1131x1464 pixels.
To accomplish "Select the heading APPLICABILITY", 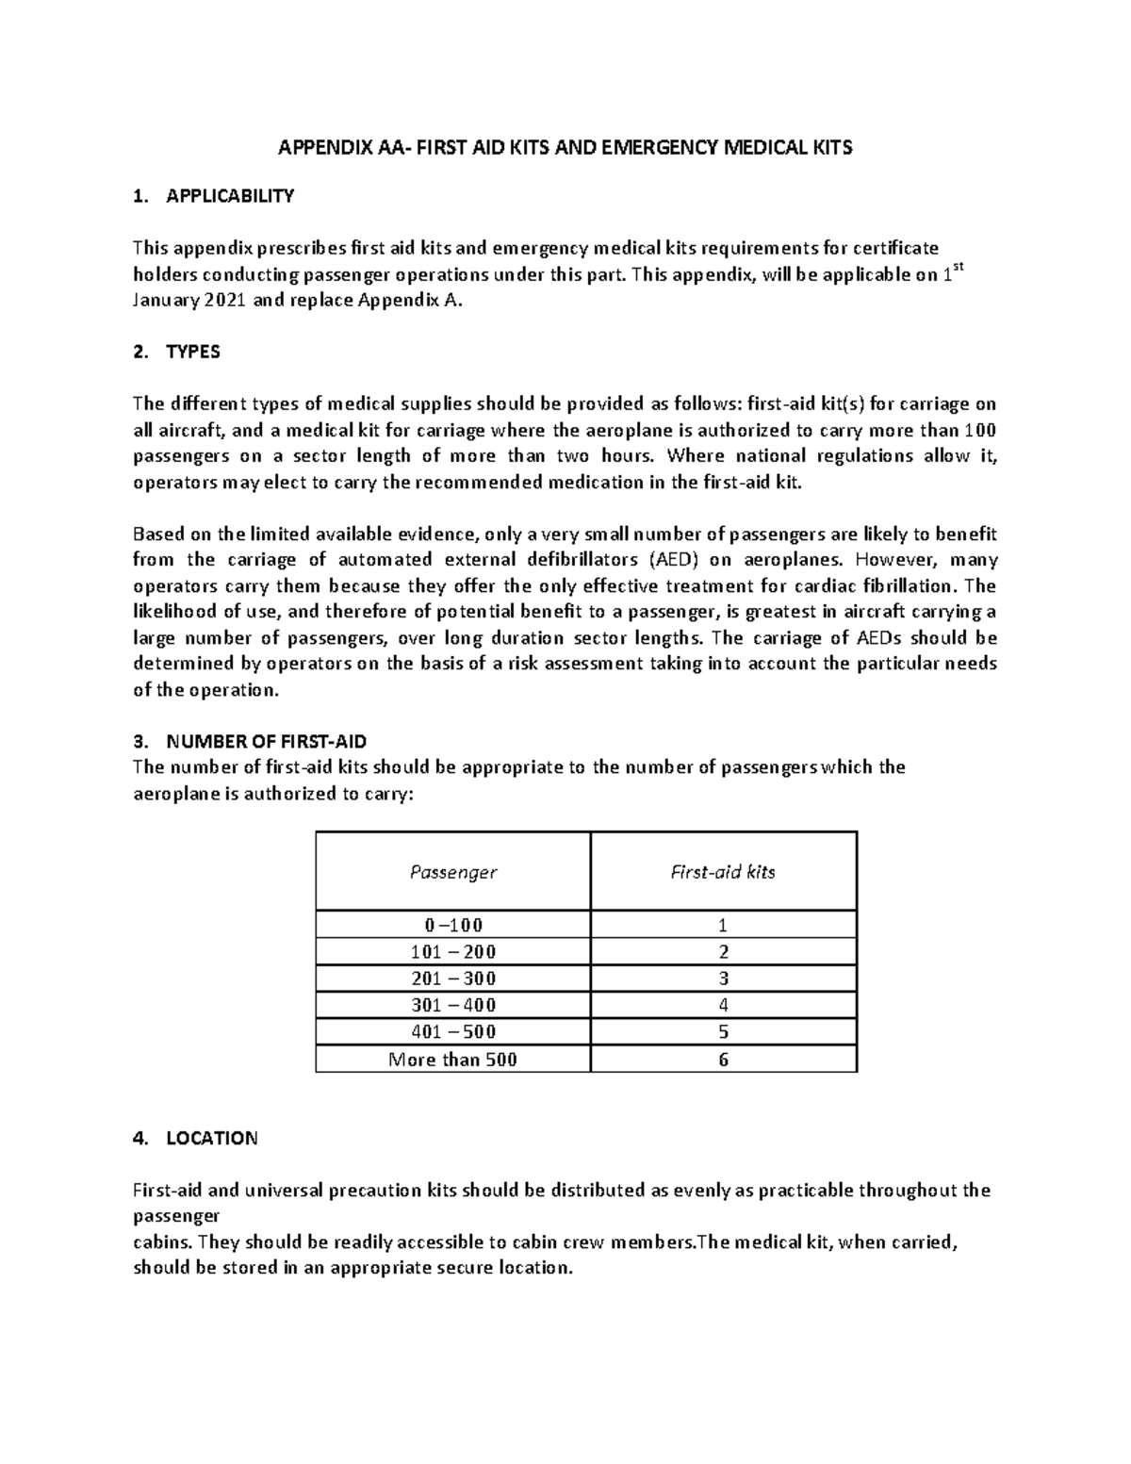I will pyautogui.click(x=230, y=196).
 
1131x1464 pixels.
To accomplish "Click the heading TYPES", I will pyautogui.click(x=192, y=352).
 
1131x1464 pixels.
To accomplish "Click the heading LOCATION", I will pyautogui.click(x=211, y=1138).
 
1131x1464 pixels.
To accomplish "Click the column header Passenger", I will pyautogui.click(x=452, y=872).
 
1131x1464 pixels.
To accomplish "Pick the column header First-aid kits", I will pyautogui.click(x=723, y=872).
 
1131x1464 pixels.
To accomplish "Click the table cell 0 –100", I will pyautogui.click(x=452, y=925).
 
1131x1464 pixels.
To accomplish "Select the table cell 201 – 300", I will pyautogui.click(x=452, y=979).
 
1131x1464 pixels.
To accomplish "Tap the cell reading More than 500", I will pyautogui.click(x=452, y=1060).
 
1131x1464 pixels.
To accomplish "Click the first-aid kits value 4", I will pyautogui.click(x=723, y=1005).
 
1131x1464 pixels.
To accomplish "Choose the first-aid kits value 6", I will pyautogui.click(x=723, y=1060).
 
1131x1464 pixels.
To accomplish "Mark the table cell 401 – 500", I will pyautogui.click(x=452, y=1031).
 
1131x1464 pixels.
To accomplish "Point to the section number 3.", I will pyautogui.click(x=139, y=741).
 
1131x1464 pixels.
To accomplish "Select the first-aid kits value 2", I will pyautogui.click(x=723, y=951).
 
